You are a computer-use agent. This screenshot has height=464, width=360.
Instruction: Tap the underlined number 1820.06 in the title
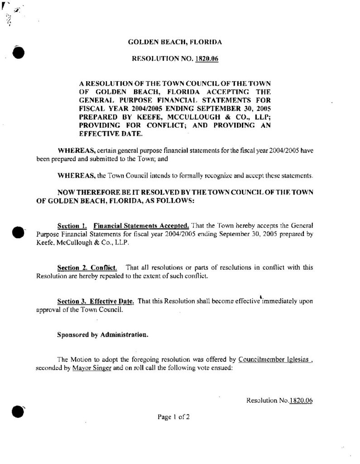pyautogui.click(x=207, y=59)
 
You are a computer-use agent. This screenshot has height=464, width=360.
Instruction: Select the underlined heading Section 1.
pyautogui.click(x=72, y=225)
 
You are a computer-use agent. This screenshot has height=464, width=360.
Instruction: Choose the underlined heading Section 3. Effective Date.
pyautogui.click(x=96, y=301)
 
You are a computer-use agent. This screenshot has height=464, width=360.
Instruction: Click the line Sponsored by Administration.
pyautogui.click(x=102, y=335)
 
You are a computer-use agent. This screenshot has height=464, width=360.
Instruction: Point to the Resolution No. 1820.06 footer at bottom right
pyautogui.click(x=280, y=401)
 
